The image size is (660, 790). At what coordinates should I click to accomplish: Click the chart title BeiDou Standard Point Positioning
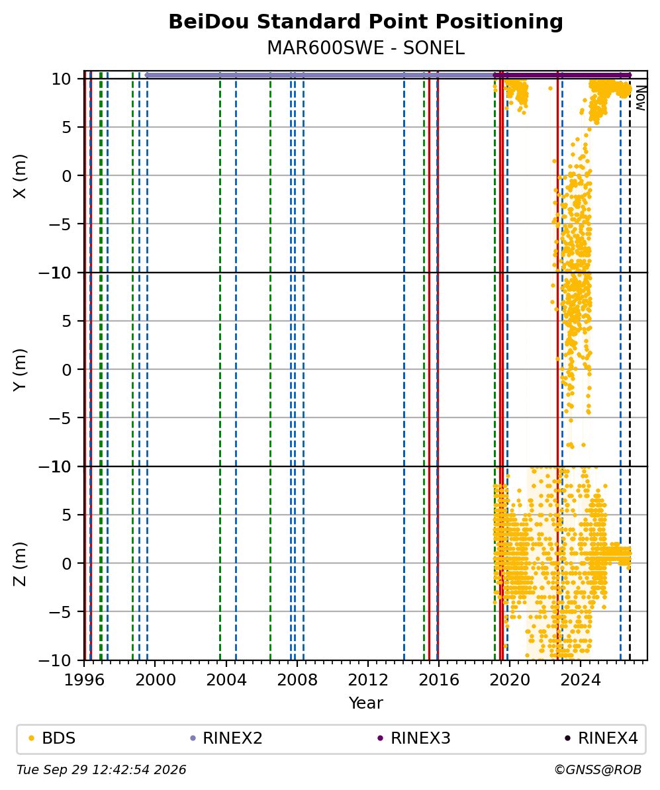click(x=365, y=22)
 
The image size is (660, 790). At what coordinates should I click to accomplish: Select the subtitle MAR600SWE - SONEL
click(x=365, y=48)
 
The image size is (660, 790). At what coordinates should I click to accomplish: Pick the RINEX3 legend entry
click(x=414, y=738)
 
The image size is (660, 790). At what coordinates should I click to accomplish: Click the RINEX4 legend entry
click(x=602, y=738)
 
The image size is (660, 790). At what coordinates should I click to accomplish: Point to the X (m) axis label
click(x=20, y=176)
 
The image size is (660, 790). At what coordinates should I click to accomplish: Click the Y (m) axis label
click(x=20, y=370)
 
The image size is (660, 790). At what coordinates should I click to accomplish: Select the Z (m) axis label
click(x=20, y=564)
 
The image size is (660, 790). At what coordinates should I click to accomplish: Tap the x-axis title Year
click(x=365, y=703)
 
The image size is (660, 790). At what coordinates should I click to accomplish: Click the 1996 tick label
click(x=84, y=680)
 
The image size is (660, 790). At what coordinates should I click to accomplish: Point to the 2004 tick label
click(x=226, y=680)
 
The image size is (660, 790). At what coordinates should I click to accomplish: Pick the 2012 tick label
click(x=368, y=680)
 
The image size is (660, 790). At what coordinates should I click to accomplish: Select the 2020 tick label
click(x=510, y=680)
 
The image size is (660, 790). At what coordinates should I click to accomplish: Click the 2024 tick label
click(x=581, y=680)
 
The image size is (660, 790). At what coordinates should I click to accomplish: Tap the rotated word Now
click(x=641, y=98)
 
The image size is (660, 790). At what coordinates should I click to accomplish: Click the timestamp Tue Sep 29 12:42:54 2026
click(x=101, y=770)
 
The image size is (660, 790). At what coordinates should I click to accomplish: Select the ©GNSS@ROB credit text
click(x=598, y=770)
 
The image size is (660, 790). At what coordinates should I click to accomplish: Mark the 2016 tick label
click(x=439, y=680)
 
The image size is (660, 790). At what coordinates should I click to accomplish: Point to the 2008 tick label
click(x=297, y=680)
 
